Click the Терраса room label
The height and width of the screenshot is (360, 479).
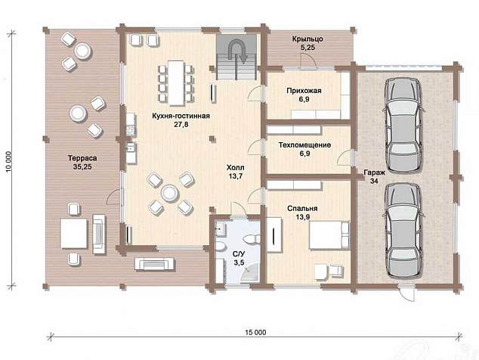[82, 158]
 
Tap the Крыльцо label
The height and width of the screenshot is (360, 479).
[307, 39]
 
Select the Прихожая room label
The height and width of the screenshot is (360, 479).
[304, 91]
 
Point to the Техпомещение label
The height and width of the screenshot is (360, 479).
[304, 144]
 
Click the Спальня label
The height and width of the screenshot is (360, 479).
[302, 209]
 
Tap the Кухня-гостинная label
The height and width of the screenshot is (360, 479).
[181, 116]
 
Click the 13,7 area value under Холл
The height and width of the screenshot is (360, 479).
[235, 176]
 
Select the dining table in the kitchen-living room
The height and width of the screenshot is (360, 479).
[175, 82]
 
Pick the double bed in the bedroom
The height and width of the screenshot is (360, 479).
[329, 235]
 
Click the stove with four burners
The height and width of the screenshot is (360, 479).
[129, 131]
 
